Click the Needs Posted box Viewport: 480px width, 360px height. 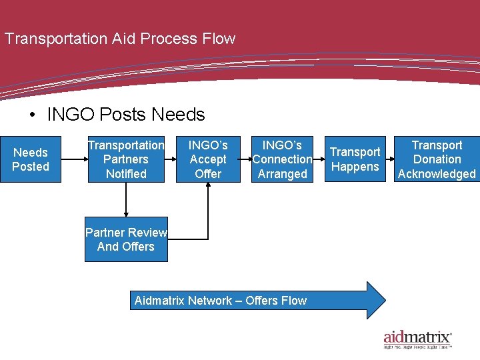tap(31, 159)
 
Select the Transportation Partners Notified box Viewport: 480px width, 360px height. tap(125, 159)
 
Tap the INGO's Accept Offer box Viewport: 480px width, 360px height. tap(208, 159)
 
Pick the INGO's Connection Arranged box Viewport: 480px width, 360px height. tap(282, 159)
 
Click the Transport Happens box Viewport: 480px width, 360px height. tap(355, 159)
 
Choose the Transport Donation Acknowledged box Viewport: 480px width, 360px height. tap(437, 159)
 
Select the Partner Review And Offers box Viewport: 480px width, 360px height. tap(126, 239)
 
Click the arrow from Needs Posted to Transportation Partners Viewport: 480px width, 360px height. tap(73, 159)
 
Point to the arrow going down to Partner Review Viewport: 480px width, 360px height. tap(126, 200)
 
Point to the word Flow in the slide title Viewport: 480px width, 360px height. tap(219, 39)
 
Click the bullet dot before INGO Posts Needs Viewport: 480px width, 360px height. tap(33, 115)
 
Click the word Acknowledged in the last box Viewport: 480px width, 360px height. tap(437, 174)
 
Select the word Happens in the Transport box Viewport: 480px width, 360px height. tap(355, 167)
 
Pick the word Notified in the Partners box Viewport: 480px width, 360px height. tap(125, 174)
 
